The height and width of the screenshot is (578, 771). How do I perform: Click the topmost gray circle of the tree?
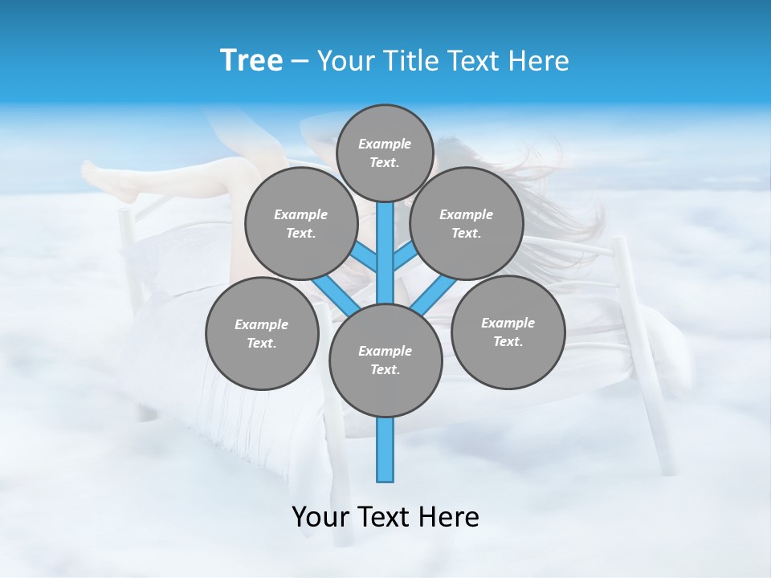click(x=385, y=153)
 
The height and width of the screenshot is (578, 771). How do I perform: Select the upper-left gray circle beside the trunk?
click(x=301, y=223)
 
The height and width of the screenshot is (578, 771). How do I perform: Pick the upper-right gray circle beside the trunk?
click(x=467, y=223)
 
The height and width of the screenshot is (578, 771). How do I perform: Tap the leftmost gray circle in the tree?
click(x=262, y=333)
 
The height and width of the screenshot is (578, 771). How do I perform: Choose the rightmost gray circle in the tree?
click(x=508, y=332)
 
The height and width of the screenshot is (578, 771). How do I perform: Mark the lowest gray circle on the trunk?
click(x=385, y=360)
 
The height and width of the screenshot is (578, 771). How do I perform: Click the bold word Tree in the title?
click(x=251, y=60)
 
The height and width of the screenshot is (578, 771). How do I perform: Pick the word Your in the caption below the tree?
click(x=320, y=517)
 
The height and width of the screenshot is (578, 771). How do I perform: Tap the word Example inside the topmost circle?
click(x=385, y=144)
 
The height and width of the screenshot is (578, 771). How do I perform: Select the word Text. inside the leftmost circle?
click(x=261, y=343)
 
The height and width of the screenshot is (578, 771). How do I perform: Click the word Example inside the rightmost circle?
click(x=508, y=323)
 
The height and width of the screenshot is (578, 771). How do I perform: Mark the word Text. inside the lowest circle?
click(x=385, y=369)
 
